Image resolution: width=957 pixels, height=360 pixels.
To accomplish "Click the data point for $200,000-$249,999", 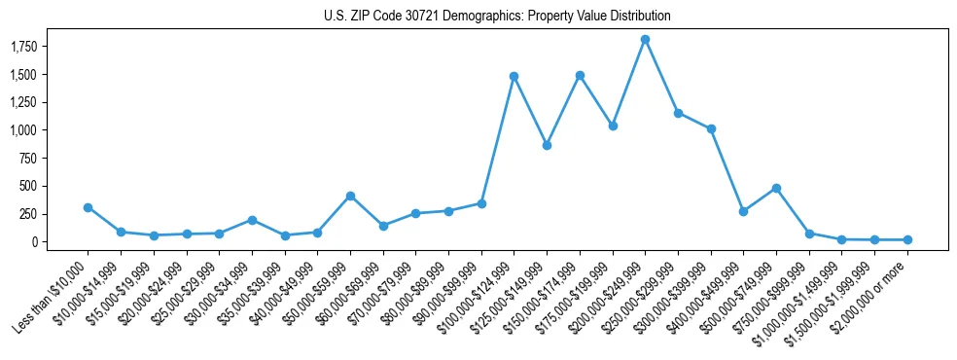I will pyautogui.click(x=645, y=40).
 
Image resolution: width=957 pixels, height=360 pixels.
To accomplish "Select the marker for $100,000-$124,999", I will pyautogui.click(x=514, y=76).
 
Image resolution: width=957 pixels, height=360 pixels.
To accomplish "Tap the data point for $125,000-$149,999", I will pyautogui.click(x=547, y=145).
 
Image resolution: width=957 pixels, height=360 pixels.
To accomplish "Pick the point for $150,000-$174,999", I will pyautogui.click(x=580, y=75).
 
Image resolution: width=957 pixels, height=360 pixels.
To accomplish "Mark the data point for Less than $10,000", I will pyautogui.click(x=88, y=207).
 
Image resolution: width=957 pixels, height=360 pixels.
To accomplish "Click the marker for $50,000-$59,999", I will pyautogui.click(x=350, y=196).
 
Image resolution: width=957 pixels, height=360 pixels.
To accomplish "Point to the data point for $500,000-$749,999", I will pyautogui.click(x=776, y=188).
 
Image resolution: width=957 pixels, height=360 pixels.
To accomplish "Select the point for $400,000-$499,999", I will pyautogui.click(x=743, y=211).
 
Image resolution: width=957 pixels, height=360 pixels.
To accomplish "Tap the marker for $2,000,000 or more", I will pyautogui.click(x=907, y=239).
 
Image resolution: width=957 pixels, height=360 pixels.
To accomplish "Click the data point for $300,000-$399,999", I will pyautogui.click(x=711, y=128).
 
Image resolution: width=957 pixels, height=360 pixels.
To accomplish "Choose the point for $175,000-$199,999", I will pyautogui.click(x=613, y=126).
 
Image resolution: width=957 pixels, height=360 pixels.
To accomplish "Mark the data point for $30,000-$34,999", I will pyautogui.click(x=252, y=220).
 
